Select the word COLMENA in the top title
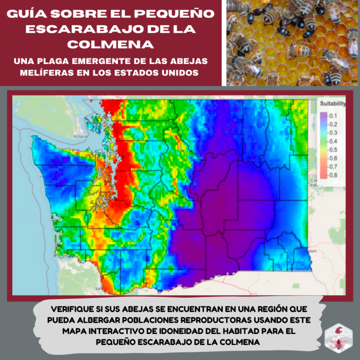click(111, 45)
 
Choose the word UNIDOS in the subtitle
click(181, 73)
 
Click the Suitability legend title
click(332, 104)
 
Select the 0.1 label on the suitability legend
click(334, 115)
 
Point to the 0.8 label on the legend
click(334, 175)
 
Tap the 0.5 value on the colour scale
click(334, 150)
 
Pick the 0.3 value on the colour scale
click(334, 133)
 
